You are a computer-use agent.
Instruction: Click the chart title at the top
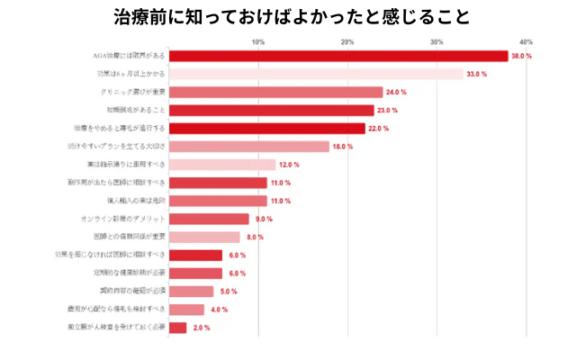(292, 17)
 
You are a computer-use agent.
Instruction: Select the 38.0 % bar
(338, 56)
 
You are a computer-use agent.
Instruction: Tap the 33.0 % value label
(476, 74)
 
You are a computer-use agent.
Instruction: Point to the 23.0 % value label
(387, 111)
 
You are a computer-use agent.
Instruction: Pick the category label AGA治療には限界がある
(121, 56)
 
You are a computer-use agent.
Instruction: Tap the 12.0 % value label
(289, 165)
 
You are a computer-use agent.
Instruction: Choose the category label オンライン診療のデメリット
(123, 219)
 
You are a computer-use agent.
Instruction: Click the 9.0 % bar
(209, 219)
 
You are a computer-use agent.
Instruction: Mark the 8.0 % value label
(254, 238)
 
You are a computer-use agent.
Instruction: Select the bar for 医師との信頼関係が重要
(204, 237)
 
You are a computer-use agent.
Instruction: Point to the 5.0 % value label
(228, 292)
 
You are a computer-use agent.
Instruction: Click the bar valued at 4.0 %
(186, 310)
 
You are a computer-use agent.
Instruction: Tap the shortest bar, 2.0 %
(177, 328)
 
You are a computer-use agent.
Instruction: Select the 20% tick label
(347, 41)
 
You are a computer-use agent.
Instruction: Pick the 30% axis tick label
(436, 41)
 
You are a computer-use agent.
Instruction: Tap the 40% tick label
(526, 41)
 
